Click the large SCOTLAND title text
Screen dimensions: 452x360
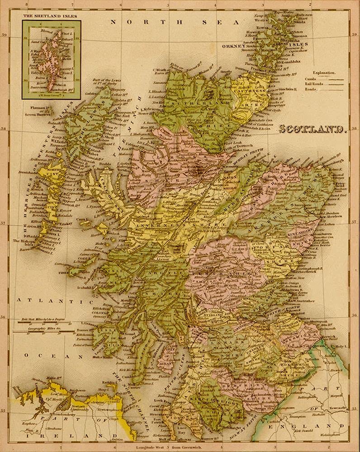coord(312,130)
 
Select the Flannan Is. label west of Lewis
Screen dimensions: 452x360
coord(40,108)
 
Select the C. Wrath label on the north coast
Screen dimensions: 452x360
coord(161,70)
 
